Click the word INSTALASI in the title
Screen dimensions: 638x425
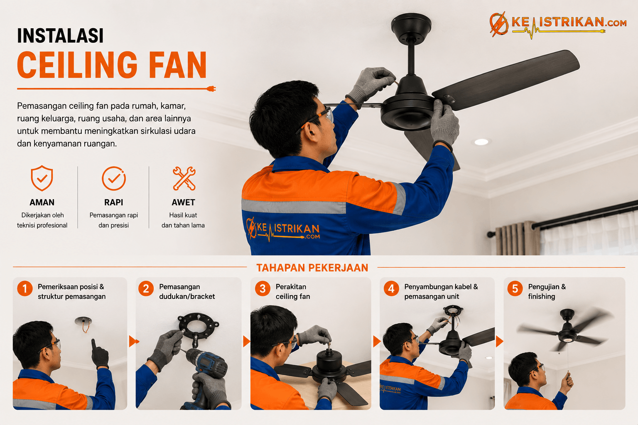(60, 36)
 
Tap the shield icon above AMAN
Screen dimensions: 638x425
(42, 178)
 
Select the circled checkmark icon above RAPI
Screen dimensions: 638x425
(114, 178)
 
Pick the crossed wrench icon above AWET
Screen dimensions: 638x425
(184, 178)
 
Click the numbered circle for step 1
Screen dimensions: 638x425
(25, 288)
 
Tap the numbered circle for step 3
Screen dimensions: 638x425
(263, 288)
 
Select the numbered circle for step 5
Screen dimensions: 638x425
(515, 288)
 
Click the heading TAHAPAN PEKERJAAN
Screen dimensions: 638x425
(312, 268)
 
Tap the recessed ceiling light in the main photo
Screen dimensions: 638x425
(481, 142)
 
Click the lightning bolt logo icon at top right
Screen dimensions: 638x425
(499, 24)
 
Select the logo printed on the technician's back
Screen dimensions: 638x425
(283, 230)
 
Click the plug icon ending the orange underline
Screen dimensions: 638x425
(211, 89)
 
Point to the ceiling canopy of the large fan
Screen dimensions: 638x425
(411, 29)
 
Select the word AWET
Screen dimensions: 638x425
(183, 203)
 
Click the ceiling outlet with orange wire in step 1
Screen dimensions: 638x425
(83, 323)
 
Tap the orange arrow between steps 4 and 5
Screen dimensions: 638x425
(499, 341)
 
